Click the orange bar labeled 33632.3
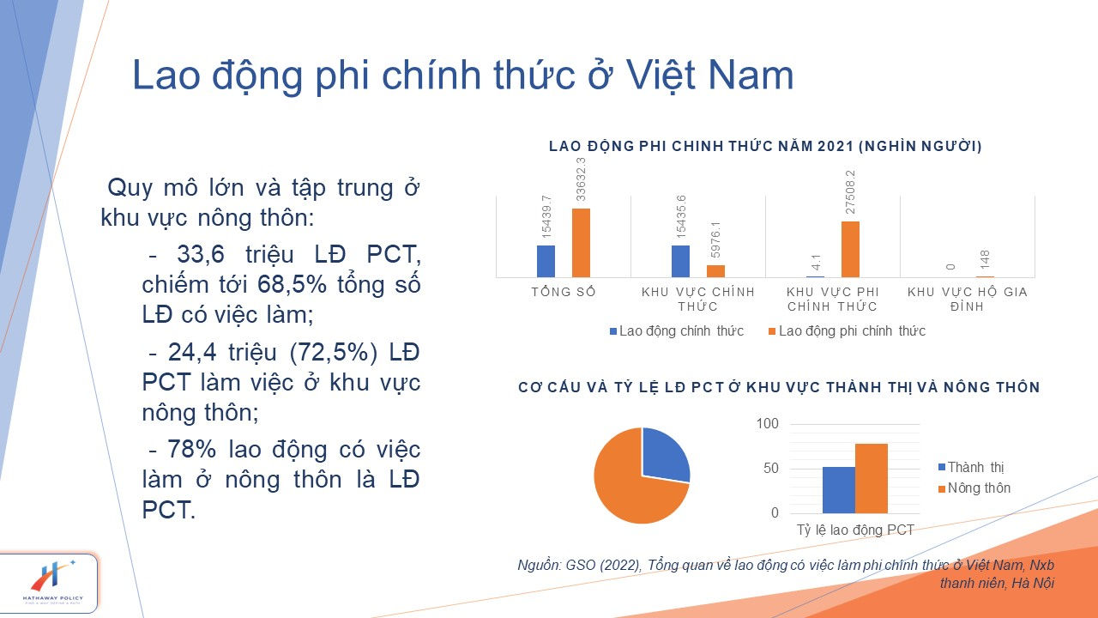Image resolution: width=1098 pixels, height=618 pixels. pyautogui.click(x=581, y=243)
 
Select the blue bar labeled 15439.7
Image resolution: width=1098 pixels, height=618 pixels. pyautogui.click(x=546, y=262)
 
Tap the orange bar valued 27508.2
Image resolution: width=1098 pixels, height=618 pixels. pyautogui.click(x=850, y=249)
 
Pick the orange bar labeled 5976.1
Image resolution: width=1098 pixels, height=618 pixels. pyautogui.click(x=715, y=271)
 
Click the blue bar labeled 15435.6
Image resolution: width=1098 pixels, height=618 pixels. pyautogui.click(x=680, y=262)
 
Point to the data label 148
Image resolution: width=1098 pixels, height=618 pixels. pyautogui.click(x=985, y=259)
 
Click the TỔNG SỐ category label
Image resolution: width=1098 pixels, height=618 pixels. pyautogui.click(x=564, y=292)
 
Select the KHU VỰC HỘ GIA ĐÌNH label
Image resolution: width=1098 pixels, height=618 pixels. pyautogui.click(x=967, y=300)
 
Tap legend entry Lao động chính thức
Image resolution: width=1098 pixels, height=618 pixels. pyautogui.click(x=677, y=331)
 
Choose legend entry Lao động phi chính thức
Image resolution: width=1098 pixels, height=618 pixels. pyautogui.click(x=847, y=331)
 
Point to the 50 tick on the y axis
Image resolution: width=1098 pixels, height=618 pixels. pyautogui.click(x=770, y=469)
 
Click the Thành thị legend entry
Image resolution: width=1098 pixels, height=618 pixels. pyautogui.click(x=971, y=467)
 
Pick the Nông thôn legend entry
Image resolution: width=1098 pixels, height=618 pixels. pyautogui.click(x=974, y=488)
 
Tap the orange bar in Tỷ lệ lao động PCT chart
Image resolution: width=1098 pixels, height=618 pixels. pyautogui.click(x=872, y=478)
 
